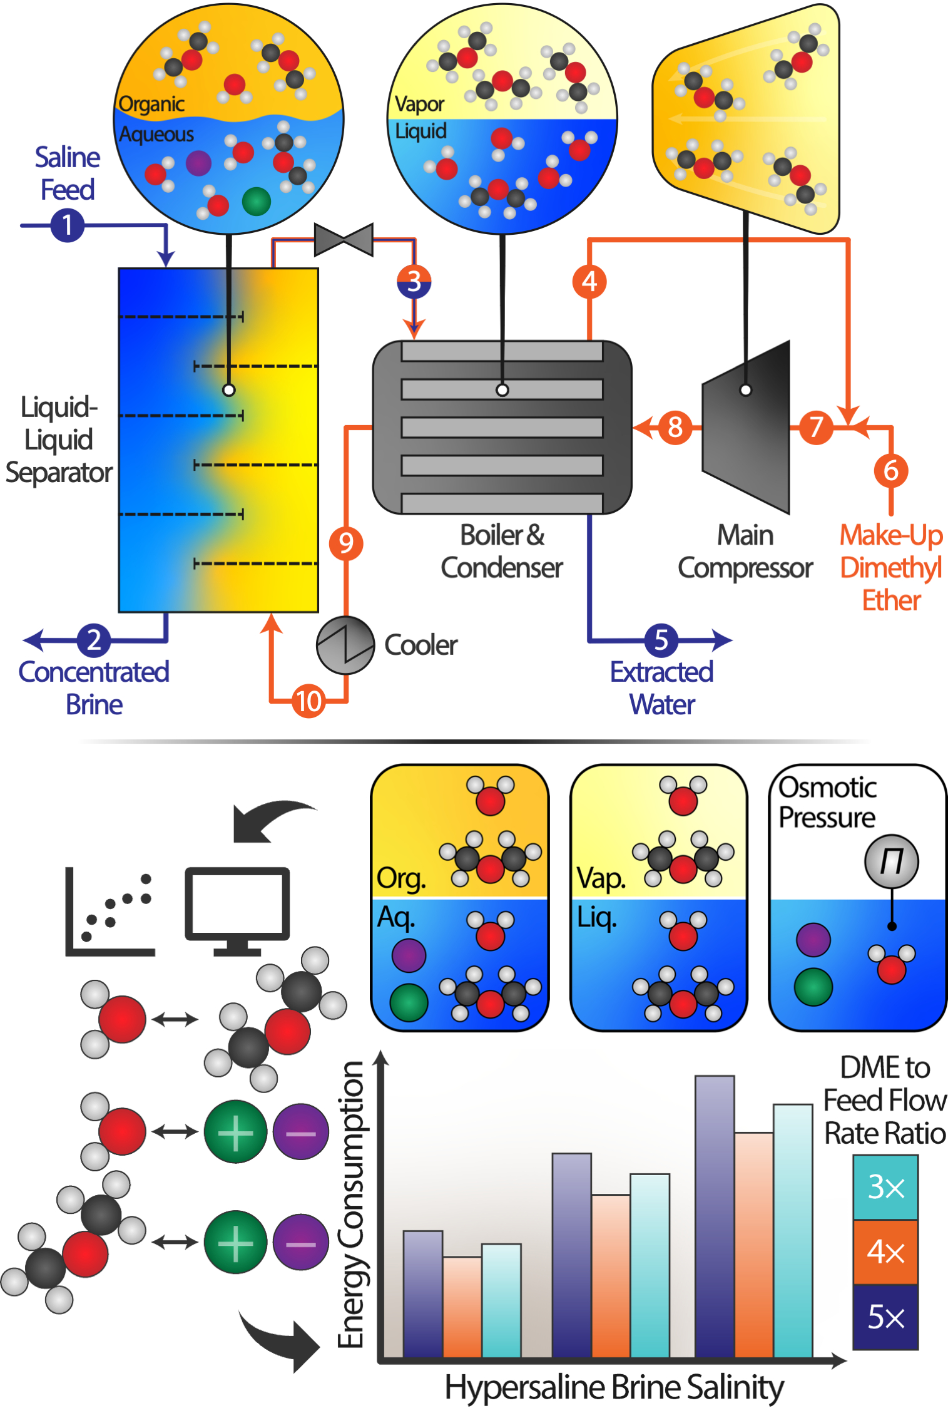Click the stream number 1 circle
(x=67, y=225)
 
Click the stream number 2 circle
(x=94, y=640)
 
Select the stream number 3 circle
(x=414, y=282)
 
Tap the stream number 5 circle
(x=661, y=640)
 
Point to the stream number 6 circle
(x=890, y=470)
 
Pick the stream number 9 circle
(x=346, y=543)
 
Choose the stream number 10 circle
(x=308, y=701)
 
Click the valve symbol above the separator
(x=344, y=240)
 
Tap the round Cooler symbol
(x=345, y=645)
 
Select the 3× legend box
(x=885, y=1187)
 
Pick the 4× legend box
(x=885, y=1252)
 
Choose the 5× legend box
(x=885, y=1317)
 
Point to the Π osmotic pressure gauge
(x=891, y=861)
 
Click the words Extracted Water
(x=662, y=688)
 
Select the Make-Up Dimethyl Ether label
(x=891, y=567)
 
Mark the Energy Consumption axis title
(x=351, y=1205)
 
